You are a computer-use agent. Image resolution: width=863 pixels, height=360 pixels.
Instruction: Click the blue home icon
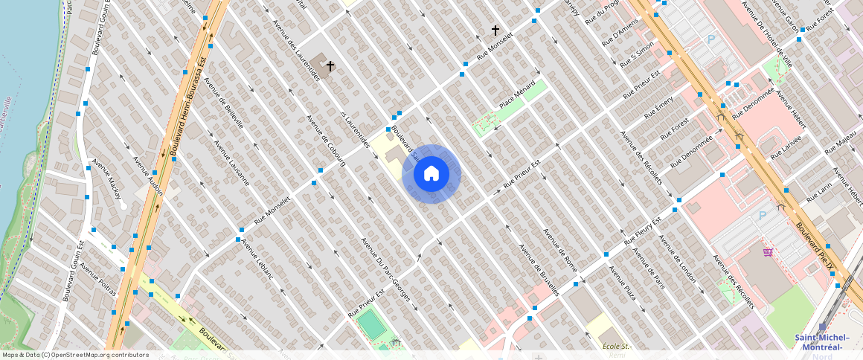pyautogui.click(x=431, y=173)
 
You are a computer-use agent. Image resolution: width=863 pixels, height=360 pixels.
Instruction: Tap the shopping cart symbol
pyautogui.click(x=768, y=252)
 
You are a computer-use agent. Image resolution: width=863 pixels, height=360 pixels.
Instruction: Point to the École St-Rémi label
pyautogui.click(x=617, y=350)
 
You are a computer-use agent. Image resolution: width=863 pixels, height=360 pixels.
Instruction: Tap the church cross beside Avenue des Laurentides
pyautogui.click(x=330, y=66)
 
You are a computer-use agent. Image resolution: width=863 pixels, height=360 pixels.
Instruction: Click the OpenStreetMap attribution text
pyautogui.click(x=75, y=355)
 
